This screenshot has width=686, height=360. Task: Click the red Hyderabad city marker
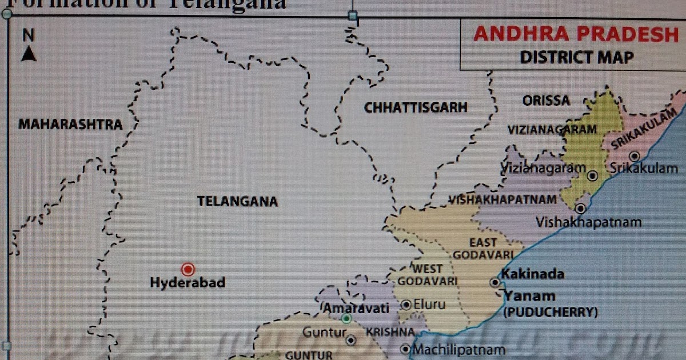(x=188, y=269)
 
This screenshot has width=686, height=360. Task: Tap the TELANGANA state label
(x=237, y=201)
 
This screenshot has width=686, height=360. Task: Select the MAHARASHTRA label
(x=71, y=124)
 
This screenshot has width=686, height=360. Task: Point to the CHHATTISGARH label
(x=416, y=107)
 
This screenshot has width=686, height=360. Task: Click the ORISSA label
(x=546, y=101)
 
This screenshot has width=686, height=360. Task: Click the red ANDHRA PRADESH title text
(x=576, y=34)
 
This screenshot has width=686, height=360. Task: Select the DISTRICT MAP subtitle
(x=576, y=57)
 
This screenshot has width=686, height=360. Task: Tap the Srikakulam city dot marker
(x=634, y=156)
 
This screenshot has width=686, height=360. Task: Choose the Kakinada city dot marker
(x=494, y=282)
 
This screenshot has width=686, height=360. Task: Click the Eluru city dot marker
(x=406, y=305)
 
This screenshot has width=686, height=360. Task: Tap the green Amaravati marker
(x=346, y=318)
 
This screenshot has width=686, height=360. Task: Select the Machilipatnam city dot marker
(x=406, y=349)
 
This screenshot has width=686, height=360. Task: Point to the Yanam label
(x=529, y=296)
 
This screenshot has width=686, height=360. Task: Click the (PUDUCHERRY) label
(x=551, y=313)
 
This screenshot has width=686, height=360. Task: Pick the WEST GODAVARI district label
(x=428, y=275)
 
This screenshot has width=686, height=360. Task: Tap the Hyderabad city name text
(x=188, y=283)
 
